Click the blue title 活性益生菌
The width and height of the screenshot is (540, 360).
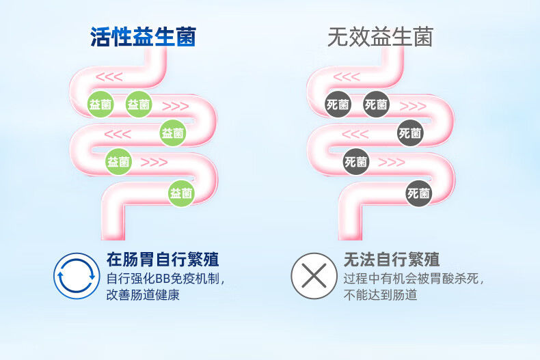pyautogui.click(x=143, y=37)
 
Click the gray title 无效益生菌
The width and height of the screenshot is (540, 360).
pyautogui.click(x=380, y=37)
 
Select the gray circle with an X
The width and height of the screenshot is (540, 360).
pyautogui.click(x=314, y=276)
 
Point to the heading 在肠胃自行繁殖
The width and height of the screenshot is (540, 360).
pyautogui.click(x=163, y=260)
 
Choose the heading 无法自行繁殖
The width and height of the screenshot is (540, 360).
pyautogui.click(x=392, y=260)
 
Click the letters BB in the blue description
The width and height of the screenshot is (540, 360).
pyautogui.click(x=163, y=279)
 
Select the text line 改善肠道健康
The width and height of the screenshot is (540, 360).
pyautogui.click(x=143, y=295)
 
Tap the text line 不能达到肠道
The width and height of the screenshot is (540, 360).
pyautogui.click(x=380, y=295)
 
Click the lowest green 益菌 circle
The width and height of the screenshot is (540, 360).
pyautogui.click(x=181, y=193)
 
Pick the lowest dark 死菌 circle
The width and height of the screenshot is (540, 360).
pyautogui.click(x=418, y=193)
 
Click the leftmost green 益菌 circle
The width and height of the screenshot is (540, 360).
pyautogui.click(x=100, y=105)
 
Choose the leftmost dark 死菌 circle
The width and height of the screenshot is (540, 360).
pyautogui.click(x=338, y=105)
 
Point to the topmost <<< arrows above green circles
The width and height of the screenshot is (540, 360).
pyautogui.click(x=109, y=77)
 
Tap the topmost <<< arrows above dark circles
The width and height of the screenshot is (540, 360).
pyautogui.click(x=347, y=77)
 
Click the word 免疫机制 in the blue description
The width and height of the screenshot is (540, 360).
pyautogui.click(x=195, y=279)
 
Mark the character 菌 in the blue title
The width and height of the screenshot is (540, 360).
pyautogui.click(x=186, y=37)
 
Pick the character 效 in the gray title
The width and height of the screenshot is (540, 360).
pyautogui.click(x=359, y=37)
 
